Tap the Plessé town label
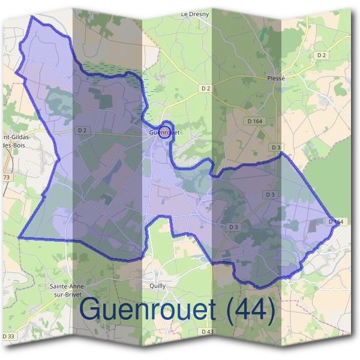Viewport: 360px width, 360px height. (x=277, y=78)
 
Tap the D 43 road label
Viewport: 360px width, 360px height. (x=207, y=331)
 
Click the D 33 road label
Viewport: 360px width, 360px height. (x=8, y=336)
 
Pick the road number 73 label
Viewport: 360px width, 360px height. (x=6, y=178)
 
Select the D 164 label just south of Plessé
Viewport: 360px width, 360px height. (x=254, y=121)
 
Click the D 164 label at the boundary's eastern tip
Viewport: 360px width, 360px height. (x=337, y=221)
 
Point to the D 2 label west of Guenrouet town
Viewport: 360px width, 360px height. (x=82, y=130)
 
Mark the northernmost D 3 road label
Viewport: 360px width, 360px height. (x=275, y=147)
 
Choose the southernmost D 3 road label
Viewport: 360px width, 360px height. (x=233, y=227)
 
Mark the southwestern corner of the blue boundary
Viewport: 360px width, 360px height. (x=20, y=238)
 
